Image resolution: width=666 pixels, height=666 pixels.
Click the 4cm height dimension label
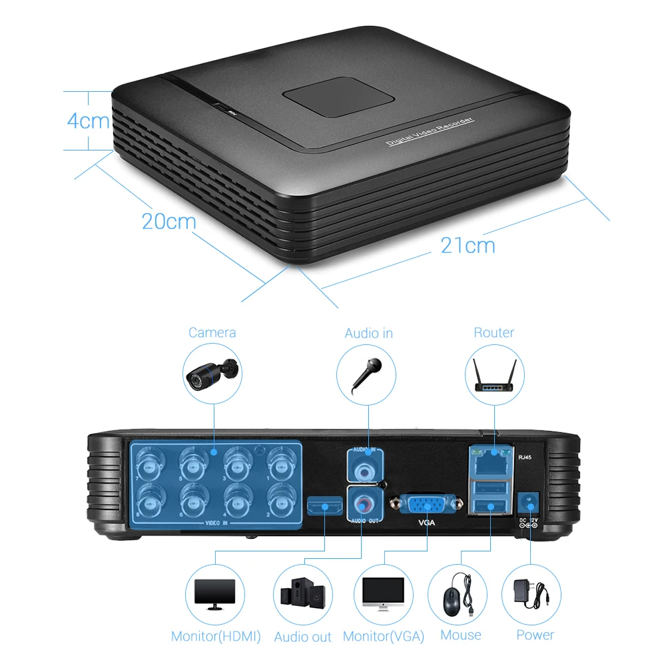click(88, 121)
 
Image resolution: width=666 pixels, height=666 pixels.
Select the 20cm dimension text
click(168, 220)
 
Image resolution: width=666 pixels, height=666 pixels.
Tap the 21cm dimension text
click(468, 245)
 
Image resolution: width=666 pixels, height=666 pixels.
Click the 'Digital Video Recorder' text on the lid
click(430, 132)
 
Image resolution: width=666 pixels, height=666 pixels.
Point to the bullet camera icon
click(212, 372)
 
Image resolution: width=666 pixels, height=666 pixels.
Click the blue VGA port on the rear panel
click(427, 504)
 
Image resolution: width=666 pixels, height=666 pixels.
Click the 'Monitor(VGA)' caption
click(384, 636)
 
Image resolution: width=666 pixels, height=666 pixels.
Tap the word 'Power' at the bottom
click(535, 635)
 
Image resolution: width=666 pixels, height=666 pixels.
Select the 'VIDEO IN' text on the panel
click(215, 524)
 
